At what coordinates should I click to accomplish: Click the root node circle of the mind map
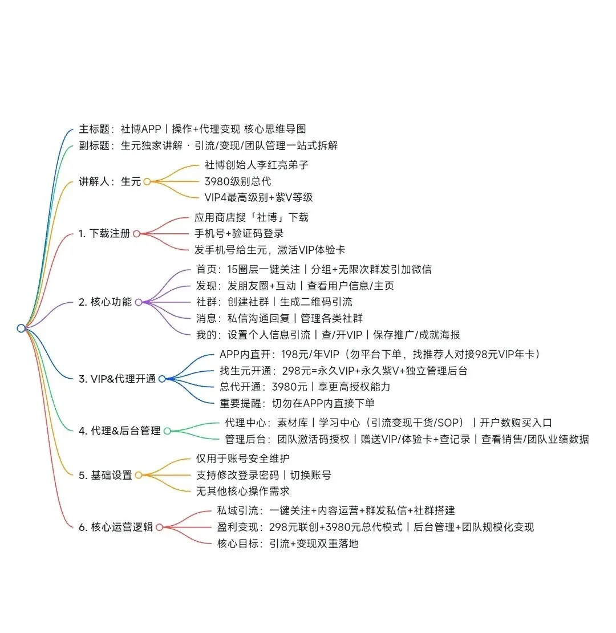pyautogui.click(x=21, y=328)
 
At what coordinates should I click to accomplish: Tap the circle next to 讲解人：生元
pyautogui.click(x=147, y=182)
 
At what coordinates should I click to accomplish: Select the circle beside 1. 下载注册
pyautogui.click(x=136, y=233)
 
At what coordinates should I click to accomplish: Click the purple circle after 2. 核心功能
pyautogui.click(x=138, y=302)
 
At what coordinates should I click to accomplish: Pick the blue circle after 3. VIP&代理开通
pyautogui.click(x=162, y=379)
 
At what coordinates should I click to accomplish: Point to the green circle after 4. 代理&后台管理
pyautogui.click(x=167, y=431)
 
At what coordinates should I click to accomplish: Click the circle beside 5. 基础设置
pyautogui.click(x=138, y=475)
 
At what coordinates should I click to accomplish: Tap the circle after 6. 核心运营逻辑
pyautogui.click(x=159, y=527)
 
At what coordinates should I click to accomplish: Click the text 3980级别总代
pyautogui.click(x=238, y=181)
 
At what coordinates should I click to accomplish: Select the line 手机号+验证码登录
pyautogui.click(x=240, y=233)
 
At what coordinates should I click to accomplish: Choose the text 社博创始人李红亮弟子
pyautogui.click(x=257, y=165)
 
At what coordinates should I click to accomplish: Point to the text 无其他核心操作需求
pyautogui.click(x=243, y=491)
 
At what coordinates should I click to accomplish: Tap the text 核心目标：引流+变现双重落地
pyautogui.click(x=287, y=543)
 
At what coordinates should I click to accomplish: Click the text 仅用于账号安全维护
pyautogui.click(x=243, y=458)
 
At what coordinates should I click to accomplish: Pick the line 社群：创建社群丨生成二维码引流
pyautogui.click(x=274, y=302)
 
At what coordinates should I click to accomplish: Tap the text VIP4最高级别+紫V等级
pyautogui.click(x=258, y=198)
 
